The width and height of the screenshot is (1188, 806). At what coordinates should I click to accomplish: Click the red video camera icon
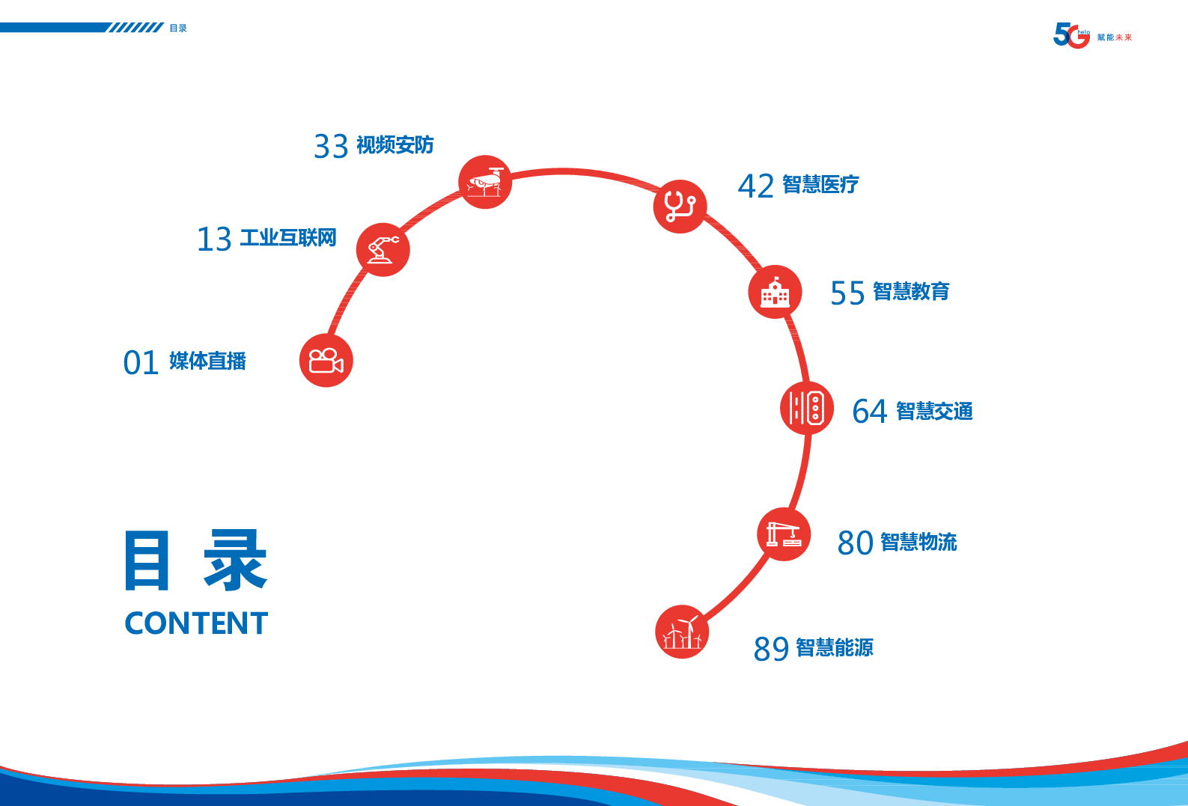pyautogui.click(x=326, y=361)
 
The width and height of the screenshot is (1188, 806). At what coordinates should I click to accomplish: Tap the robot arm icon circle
pyautogui.click(x=383, y=250)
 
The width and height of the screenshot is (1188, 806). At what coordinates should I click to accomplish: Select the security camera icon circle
pyautogui.click(x=485, y=182)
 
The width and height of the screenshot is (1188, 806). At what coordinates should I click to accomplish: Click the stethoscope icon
pyautogui.click(x=680, y=207)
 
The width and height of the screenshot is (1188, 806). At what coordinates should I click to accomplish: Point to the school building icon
pyautogui.click(x=775, y=292)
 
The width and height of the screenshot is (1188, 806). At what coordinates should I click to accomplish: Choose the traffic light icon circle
pyautogui.click(x=807, y=408)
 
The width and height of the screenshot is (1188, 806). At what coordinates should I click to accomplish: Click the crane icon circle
pyautogui.click(x=784, y=534)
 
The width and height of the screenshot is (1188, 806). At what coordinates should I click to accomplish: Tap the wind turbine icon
pyautogui.click(x=682, y=632)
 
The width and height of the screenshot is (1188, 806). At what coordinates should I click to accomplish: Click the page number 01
pyautogui.click(x=141, y=363)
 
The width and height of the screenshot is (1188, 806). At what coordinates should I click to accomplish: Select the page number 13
pyautogui.click(x=214, y=239)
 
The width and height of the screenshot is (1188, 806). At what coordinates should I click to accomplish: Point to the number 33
pyautogui.click(x=331, y=147)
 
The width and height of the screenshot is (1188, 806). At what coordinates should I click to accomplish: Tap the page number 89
pyautogui.click(x=771, y=649)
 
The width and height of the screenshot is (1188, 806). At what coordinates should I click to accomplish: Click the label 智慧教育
pyautogui.click(x=911, y=291)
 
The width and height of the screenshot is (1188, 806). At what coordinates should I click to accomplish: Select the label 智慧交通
pyautogui.click(x=934, y=411)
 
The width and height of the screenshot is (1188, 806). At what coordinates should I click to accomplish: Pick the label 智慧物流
pyautogui.click(x=919, y=542)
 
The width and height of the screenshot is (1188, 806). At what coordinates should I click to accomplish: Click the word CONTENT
pyautogui.click(x=196, y=623)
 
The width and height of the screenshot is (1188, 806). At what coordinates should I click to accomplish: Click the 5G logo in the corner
pyautogui.click(x=1071, y=35)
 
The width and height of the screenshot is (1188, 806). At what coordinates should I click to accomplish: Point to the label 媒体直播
pyautogui.click(x=207, y=361)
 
